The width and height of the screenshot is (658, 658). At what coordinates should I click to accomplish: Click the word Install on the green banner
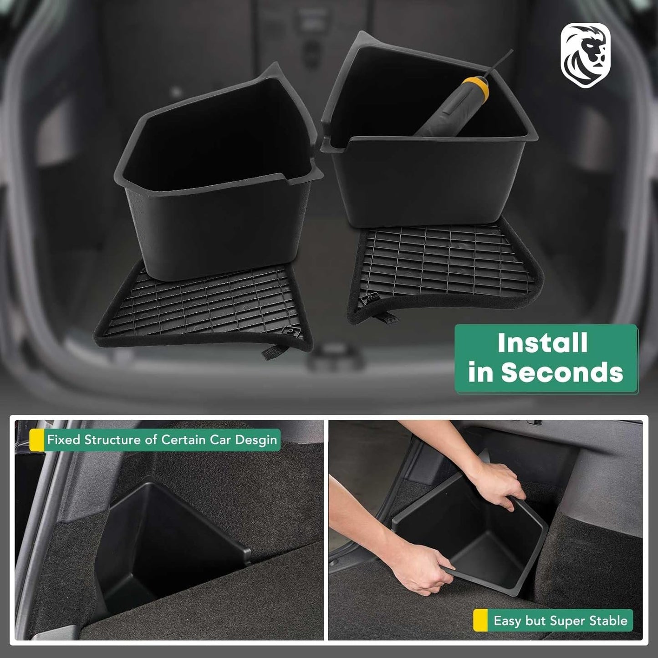point(543,343)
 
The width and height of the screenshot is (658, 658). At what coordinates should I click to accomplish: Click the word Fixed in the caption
point(60,440)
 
